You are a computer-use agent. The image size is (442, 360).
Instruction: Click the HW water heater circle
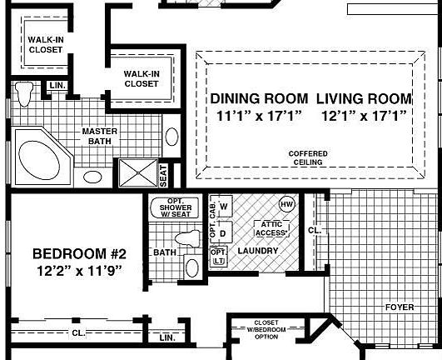(x=286, y=204)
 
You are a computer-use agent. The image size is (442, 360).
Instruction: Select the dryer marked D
(x=222, y=232)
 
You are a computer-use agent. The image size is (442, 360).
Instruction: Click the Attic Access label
(x=271, y=229)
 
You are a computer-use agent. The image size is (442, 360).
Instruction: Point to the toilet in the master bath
(x=24, y=93)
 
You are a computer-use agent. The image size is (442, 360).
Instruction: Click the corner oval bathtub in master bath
(x=39, y=160)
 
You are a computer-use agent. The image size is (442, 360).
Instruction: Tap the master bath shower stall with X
(x=138, y=172)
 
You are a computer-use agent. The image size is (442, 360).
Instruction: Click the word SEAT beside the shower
(x=164, y=176)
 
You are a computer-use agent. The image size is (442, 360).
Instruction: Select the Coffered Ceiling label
(x=308, y=158)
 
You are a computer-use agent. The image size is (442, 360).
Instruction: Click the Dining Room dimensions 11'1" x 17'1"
(x=260, y=116)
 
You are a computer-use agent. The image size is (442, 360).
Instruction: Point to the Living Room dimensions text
(x=365, y=116)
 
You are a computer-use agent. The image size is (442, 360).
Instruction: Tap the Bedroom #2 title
(x=79, y=253)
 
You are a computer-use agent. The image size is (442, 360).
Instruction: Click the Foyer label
(x=400, y=307)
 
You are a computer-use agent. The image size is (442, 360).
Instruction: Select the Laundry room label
(x=258, y=251)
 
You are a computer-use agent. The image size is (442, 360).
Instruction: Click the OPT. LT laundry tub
(x=219, y=256)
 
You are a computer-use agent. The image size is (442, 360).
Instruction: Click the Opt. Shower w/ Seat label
(x=176, y=207)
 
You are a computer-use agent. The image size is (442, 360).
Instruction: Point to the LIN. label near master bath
(x=57, y=86)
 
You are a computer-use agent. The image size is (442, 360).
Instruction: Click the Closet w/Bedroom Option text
(x=266, y=329)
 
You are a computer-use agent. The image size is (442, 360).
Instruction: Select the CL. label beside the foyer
(x=315, y=230)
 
